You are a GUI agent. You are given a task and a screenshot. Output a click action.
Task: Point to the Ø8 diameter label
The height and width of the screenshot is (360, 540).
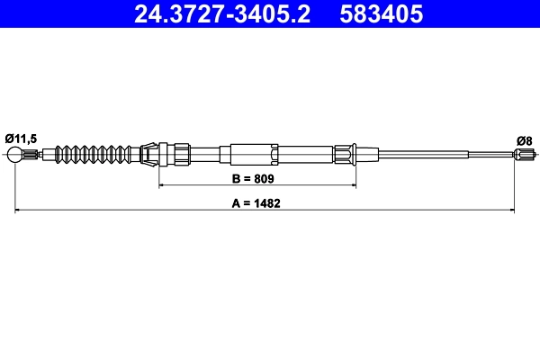pos(525,139)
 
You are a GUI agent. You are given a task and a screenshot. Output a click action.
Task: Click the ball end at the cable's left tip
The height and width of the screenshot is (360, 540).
pos(15,156)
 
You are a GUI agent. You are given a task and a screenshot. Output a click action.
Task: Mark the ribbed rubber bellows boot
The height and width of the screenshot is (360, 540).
pos(94,155)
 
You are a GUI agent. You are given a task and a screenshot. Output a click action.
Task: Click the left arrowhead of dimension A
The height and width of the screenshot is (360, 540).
pos(19,211)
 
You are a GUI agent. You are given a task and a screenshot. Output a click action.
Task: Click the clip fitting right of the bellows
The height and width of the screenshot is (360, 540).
pos(152,154)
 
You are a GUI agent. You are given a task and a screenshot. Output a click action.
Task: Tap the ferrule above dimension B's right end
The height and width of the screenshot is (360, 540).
pos(347,155)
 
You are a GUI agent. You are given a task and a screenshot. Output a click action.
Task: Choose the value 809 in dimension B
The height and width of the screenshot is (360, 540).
pos(267,179)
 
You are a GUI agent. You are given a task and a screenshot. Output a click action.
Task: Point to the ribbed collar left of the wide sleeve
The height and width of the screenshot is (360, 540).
pos(181,154)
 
